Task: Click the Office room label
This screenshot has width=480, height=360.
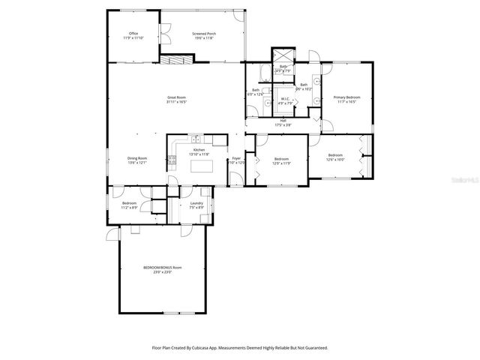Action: pyautogui.click(x=133, y=34)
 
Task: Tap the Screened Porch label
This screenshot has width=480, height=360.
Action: pyautogui.click(x=203, y=34)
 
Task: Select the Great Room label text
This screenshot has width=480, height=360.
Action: pyautogui.click(x=176, y=98)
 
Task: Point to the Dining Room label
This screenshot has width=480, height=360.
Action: pyautogui.click(x=136, y=158)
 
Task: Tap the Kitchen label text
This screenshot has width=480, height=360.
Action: pyautogui.click(x=199, y=150)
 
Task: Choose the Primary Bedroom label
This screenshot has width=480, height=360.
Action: pyautogui.click(x=347, y=97)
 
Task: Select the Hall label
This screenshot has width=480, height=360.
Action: pyautogui.click(x=283, y=120)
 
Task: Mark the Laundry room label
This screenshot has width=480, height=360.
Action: pyautogui.click(x=196, y=203)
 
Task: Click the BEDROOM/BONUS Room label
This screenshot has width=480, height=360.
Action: pyautogui.click(x=162, y=268)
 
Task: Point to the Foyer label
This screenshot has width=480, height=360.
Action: pyautogui.click(x=236, y=158)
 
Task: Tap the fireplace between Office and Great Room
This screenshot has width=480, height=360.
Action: pyautogui.click(x=178, y=59)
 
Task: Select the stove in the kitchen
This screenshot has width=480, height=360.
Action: pyautogui.click(x=172, y=160)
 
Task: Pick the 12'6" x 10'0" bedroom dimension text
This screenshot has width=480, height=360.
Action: pyautogui.click(x=335, y=160)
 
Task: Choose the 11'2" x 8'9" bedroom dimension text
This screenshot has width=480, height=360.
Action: pyautogui.click(x=129, y=208)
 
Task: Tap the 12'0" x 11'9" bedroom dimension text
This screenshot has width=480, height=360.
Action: pyautogui.click(x=281, y=163)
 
